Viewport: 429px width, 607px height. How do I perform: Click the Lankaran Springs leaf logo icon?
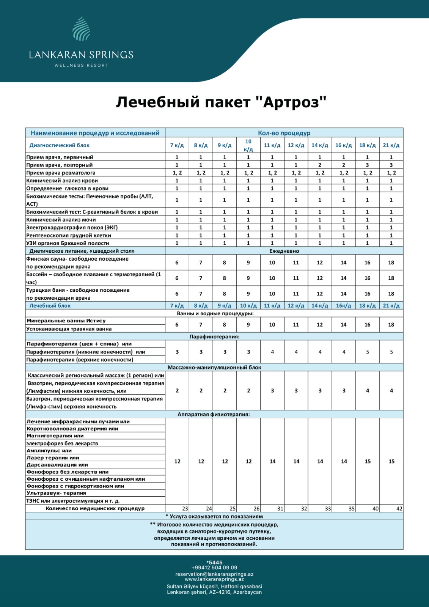pyautogui.click(x=81, y=29)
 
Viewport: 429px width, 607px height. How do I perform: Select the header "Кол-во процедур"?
pyautogui.click(x=284, y=133)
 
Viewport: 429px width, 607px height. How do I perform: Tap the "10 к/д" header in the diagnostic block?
pyautogui.click(x=248, y=145)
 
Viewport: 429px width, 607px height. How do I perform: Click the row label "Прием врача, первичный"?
pyautogui.click(x=60, y=157)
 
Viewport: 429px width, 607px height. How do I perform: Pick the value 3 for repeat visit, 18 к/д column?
pyautogui.click(x=367, y=165)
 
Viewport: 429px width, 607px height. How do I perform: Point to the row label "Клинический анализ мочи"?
pyautogui.click(x=61, y=220)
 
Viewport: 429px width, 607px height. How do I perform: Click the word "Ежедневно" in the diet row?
pyautogui.click(x=284, y=251)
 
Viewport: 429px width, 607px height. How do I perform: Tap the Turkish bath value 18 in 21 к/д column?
pyautogui.click(x=391, y=294)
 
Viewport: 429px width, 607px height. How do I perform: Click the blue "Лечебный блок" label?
pyautogui.click(x=50, y=306)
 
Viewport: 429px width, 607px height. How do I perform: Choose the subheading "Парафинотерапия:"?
pyautogui.click(x=214, y=337)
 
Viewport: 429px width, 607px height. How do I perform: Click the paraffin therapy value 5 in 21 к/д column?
pyautogui.click(x=391, y=352)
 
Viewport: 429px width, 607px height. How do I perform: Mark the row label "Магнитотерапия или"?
pyautogui.click(x=55, y=436)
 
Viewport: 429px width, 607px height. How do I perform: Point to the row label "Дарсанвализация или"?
pyautogui.click(x=57, y=465)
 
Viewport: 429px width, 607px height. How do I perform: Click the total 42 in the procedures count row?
pyautogui.click(x=399, y=509)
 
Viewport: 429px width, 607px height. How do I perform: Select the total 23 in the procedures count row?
pyautogui.click(x=185, y=509)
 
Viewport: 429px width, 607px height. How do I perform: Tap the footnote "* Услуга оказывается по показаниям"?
pyautogui.click(x=214, y=516)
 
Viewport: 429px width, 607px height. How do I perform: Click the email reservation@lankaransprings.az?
pyautogui.click(x=214, y=574)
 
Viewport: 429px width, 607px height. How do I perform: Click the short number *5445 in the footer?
pyautogui.click(x=214, y=563)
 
